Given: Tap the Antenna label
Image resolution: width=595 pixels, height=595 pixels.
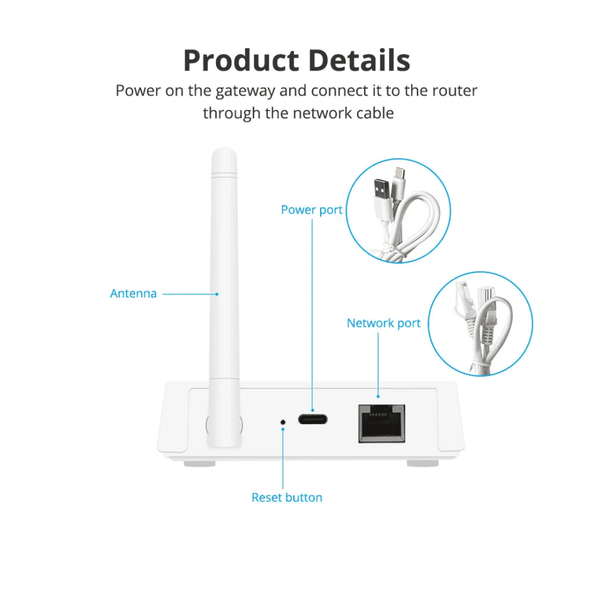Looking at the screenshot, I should tap(133, 294).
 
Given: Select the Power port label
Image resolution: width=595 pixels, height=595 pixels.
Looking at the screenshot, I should tap(311, 210).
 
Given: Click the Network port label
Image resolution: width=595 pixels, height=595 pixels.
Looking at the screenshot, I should tap(383, 323).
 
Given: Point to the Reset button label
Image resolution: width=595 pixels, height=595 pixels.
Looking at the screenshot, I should tap(286, 497).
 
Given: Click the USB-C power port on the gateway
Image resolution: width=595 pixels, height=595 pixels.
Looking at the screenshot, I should tap(312, 419).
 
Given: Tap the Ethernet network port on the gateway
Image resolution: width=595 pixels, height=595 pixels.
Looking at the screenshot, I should tap(381, 423).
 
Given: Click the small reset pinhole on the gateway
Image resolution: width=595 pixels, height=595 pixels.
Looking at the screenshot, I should tap(283, 422).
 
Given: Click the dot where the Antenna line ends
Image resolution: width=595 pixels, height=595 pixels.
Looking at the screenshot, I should tap(217, 294).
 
